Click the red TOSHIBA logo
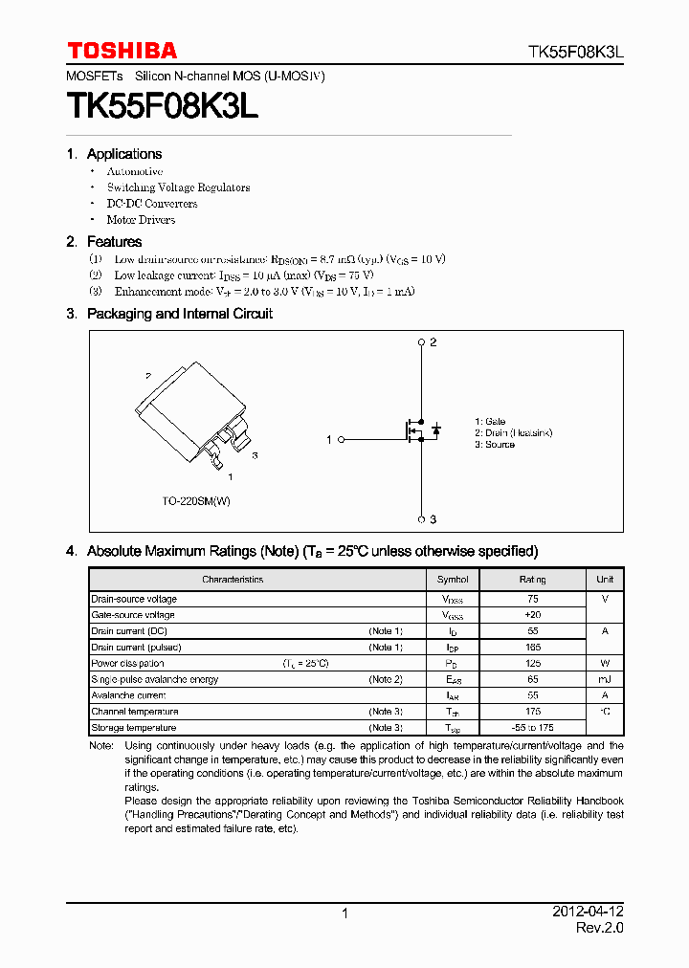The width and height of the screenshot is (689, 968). [x=122, y=51]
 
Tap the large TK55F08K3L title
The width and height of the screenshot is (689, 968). [x=162, y=106]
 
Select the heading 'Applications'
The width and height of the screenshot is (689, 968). [x=124, y=154]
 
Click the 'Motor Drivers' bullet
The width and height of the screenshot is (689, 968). [x=141, y=220]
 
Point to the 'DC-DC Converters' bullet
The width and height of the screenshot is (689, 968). [x=151, y=204]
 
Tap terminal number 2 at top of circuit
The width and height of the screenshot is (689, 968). [x=433, y=342]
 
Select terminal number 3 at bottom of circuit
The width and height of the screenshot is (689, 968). [x=433, y=519]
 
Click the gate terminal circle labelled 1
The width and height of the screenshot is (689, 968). [x=342, y=439]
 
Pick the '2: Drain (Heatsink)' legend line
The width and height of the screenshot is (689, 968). [x=513, y=433]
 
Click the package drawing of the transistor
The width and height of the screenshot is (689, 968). [x=195, y=412]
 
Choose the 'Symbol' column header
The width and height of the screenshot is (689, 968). [x=453, y=580]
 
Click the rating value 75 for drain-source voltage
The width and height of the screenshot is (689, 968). [x=533, y=599]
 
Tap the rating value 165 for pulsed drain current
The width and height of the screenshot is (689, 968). [x=533, y=648]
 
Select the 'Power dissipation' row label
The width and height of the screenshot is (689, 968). [x=128, y=664]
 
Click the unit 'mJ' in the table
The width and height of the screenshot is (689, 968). [x=605, y=679]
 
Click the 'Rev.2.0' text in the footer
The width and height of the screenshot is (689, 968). [x=599, y=928]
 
